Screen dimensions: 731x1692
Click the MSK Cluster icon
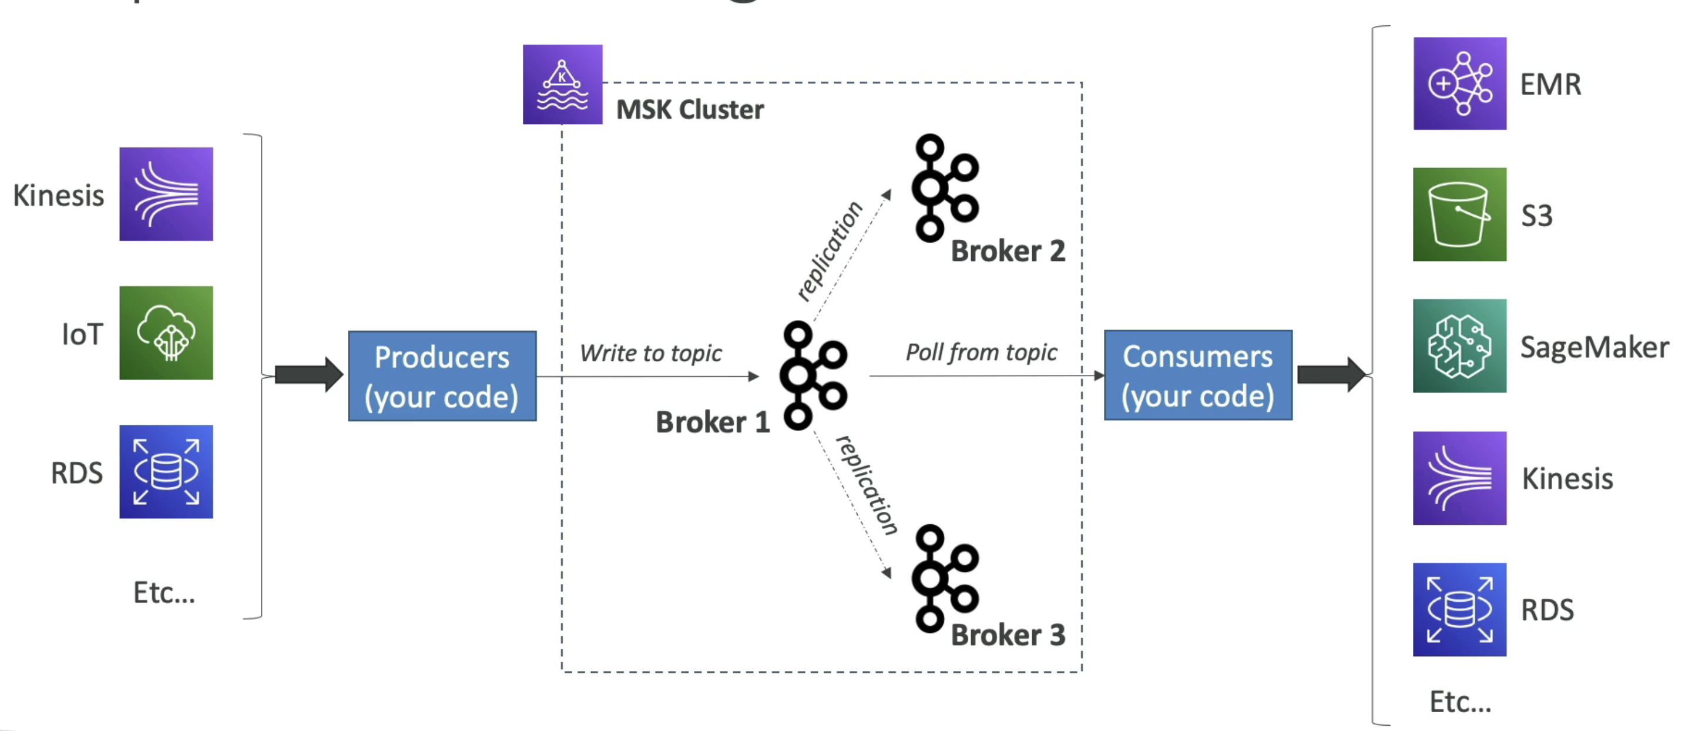point(562,84)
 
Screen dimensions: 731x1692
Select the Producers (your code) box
point(442,376)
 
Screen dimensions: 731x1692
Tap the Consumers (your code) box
point(1197,375)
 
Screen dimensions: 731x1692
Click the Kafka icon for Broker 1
point(813,375)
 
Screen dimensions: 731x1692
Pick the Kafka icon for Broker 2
point(945,188)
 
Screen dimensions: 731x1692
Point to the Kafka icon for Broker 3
point(945,578)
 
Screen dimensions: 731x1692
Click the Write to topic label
point(650,353)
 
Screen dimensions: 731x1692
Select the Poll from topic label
point(981,353)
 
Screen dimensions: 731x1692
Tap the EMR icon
point(1459,83)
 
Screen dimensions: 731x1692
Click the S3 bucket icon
point(1459,214)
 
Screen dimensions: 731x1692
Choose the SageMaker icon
point(1459,346)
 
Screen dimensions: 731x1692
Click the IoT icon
point(166,333)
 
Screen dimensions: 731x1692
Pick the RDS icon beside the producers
point(166,472)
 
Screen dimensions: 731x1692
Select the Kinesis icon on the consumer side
point(1459,478)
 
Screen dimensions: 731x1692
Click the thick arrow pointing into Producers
point(308,375)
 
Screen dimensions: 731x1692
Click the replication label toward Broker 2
point(829,251)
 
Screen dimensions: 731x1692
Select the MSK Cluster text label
point(690,110)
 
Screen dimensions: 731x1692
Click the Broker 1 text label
point(712,422)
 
